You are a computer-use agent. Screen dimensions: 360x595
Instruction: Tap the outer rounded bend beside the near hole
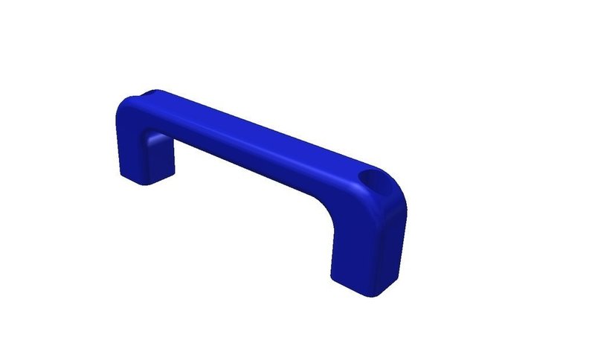pos(394,195)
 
